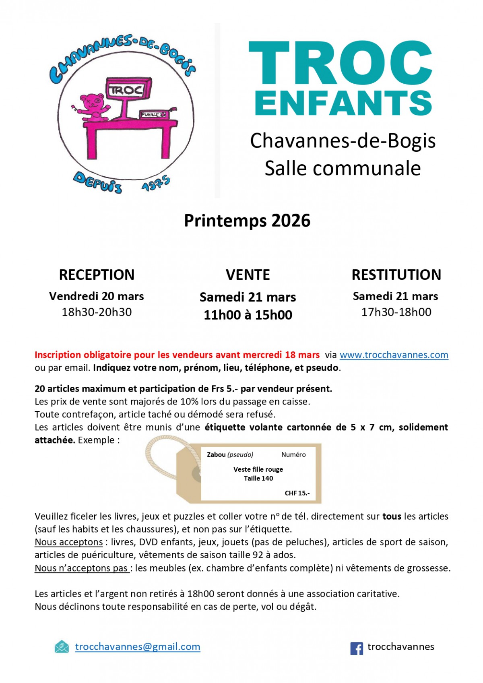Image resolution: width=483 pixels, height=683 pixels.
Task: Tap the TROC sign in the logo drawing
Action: pos(128,89)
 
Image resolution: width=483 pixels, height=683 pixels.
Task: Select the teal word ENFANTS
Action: pos(343,103)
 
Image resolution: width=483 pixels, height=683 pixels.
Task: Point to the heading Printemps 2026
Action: pos(247,221)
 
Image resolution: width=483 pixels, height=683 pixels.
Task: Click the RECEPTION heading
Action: pos(97,274)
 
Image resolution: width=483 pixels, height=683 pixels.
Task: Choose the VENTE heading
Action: pos(248,274)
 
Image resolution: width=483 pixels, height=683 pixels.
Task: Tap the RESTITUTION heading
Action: pos(396,274)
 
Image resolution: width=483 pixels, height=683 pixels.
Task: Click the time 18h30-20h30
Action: pos(97,312)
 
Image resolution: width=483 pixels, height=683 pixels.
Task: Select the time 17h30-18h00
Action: pos(396,312)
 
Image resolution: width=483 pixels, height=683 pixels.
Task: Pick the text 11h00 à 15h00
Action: pos(248,315)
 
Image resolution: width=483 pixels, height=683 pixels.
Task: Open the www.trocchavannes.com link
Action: pos(394,355)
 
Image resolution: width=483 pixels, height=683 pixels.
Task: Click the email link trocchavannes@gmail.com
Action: pos(138,646)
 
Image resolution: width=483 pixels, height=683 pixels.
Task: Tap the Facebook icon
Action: pos(357,648)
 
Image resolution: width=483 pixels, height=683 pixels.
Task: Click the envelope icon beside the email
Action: pos(62,647)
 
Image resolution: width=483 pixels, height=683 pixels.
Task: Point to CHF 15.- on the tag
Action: pos(297,493)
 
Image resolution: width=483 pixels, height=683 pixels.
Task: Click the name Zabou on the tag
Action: pos(216,455)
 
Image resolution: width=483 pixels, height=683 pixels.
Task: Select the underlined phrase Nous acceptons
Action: pos(69,542)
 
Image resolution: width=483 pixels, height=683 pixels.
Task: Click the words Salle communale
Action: pos(343,168)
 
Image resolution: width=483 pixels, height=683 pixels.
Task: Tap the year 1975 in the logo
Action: pos(156,184)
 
